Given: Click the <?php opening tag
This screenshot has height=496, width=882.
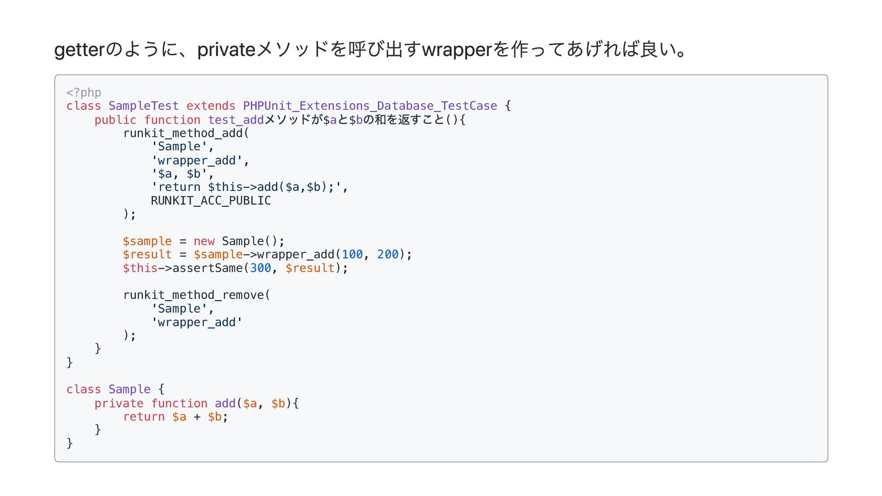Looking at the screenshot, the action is [x=84, y=93].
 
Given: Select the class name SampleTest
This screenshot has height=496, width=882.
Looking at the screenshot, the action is [x=143, y=106].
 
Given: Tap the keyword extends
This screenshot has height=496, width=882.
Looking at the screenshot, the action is [x=211, y=106].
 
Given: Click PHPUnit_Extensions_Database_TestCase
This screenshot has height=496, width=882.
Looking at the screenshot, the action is [x=370, y=106].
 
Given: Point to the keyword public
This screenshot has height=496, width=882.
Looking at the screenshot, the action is [x=115, y=120].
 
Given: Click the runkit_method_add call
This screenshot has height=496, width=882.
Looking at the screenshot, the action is [x=182, y=133].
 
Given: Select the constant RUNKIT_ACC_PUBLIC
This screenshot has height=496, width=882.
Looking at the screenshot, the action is [x=211, y=201].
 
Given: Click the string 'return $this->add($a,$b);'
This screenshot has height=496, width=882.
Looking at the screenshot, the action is [x=246, y=187].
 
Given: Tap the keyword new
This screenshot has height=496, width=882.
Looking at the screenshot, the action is [x=204, y=241].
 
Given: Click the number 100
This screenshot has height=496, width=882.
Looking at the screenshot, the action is [x=352, y=254].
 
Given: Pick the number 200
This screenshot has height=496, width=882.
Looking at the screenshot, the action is [x=388, y=254].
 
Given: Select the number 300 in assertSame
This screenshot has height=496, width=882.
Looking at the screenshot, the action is [x=260, y=268].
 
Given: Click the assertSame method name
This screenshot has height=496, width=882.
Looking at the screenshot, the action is [x=207, y=268].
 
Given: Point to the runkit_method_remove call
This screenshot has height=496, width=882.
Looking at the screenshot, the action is [x=193, y=295].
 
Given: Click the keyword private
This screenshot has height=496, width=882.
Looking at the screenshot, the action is [x=119, y=404].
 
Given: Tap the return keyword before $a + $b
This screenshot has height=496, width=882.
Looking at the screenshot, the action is [x=144, y=417].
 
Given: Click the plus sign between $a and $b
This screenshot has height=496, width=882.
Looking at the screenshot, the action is [x=197, y=417].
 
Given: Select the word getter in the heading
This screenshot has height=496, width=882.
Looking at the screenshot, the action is [x=79, y=50].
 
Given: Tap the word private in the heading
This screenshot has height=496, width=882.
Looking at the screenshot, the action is [x=226, y=50].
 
